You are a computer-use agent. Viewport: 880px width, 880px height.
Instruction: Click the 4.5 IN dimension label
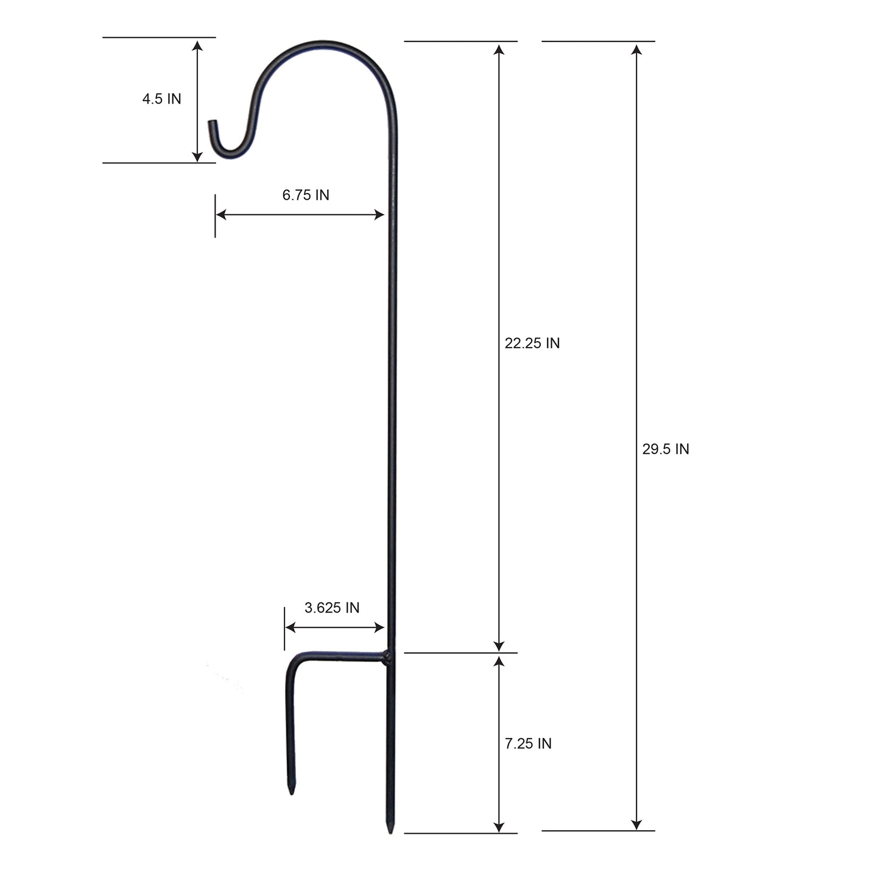161,99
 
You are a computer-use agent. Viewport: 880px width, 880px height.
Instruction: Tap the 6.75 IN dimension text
306,195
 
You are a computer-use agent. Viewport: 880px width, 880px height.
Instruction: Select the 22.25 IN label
532,343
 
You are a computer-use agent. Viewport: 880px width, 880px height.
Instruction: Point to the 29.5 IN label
665,449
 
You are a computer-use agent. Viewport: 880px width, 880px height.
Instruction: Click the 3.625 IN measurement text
332,608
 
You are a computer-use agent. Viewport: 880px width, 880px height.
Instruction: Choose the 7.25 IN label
528,743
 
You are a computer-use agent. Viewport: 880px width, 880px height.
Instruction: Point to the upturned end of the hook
211,125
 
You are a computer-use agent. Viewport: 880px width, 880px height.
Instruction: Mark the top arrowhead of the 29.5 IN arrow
636,48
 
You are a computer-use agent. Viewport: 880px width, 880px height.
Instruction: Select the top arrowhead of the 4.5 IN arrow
197,45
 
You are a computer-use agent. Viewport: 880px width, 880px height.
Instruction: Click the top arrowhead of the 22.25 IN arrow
499,49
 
